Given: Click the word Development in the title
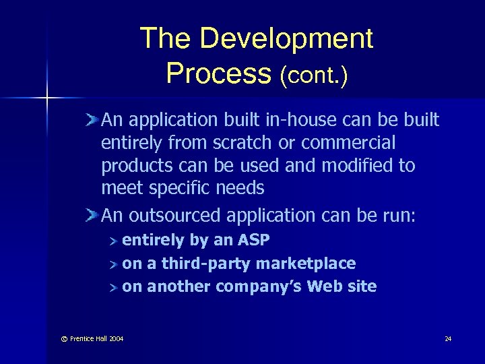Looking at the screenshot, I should tap(286, 39).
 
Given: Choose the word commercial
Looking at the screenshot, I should tap(348, 143).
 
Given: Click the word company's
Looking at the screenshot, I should tap(260, 286).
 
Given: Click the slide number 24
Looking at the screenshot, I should tap(448, 338).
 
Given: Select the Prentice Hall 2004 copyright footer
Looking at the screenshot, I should tap(94, 338).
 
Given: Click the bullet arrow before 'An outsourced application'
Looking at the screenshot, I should tap(92, 215).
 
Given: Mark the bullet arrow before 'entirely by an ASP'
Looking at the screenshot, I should tap(115, 241).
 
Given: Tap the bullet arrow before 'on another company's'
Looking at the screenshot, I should tap(115, 286).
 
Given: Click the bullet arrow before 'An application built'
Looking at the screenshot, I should tap(92, 120).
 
